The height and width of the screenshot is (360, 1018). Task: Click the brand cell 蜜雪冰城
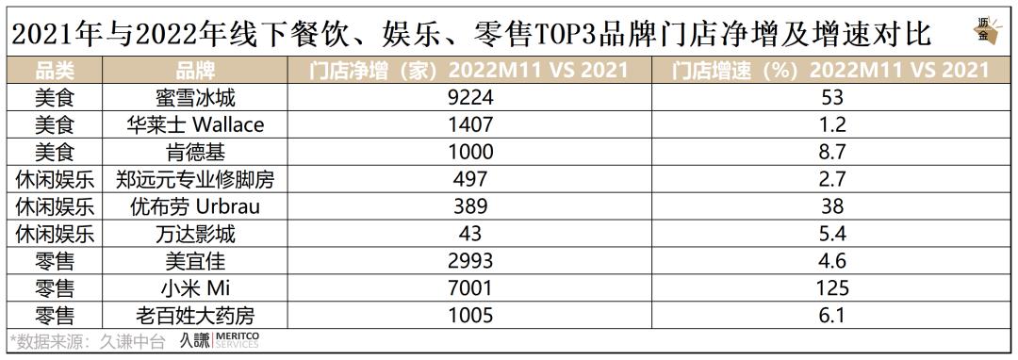click(x=196, y=97)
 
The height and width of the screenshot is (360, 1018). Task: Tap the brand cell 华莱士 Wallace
click(x=196, y=124)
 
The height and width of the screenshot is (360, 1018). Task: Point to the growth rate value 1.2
click(x=832, y=124)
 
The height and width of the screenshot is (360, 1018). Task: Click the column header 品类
click(x=54, y=71)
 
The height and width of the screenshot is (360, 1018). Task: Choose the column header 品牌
click(x=196, y=71)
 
